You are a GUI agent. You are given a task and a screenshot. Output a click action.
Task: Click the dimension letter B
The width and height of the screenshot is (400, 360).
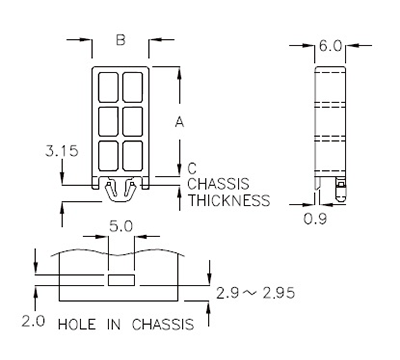120,41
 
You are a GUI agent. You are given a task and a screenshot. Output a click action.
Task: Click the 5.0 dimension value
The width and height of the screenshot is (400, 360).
120,228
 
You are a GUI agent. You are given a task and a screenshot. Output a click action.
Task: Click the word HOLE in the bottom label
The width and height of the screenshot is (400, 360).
79,325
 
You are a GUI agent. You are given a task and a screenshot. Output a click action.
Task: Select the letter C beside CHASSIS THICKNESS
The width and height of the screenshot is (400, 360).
191,169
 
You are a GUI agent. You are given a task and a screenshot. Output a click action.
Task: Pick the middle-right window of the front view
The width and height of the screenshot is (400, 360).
132,121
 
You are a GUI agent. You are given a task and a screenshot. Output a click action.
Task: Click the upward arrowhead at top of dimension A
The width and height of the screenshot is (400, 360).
179,73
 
